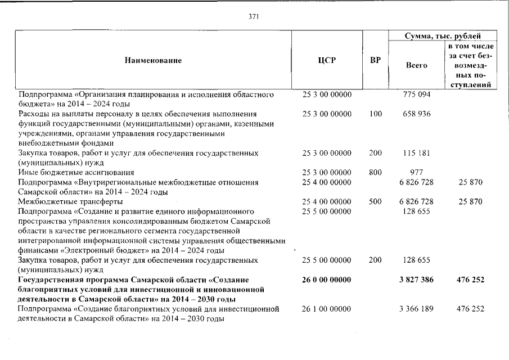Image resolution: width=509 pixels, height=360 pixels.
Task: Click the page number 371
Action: click(x=254, y=16)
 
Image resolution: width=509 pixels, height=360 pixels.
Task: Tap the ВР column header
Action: click(x=375, y=60)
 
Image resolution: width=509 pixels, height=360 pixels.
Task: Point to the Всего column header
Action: click(x=416, y=65)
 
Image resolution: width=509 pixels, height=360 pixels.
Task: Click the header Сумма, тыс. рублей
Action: click(x=443, y=35)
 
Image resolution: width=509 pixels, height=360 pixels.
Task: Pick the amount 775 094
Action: click(x=417, y=94)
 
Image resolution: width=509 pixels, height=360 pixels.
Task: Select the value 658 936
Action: click(x=417, y=114)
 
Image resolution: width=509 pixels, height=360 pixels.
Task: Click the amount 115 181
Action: click(x=417, y=153)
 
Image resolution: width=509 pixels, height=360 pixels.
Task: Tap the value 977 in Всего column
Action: click(x=417, y=173)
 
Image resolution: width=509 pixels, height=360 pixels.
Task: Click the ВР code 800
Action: click(x=375, y=173)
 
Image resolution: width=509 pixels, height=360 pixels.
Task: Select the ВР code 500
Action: click(x=375, y=201)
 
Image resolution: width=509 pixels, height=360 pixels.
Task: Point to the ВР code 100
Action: click(x=375, y=114)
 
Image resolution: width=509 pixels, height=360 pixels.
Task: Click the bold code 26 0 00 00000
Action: click(x=327, y=280)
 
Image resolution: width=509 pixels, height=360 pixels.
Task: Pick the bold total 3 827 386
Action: click(x=417, y=280)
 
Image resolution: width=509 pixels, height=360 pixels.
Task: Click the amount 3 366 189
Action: click(x=417, y=309)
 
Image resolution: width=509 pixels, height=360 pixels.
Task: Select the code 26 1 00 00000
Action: click(x=327, y=309)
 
